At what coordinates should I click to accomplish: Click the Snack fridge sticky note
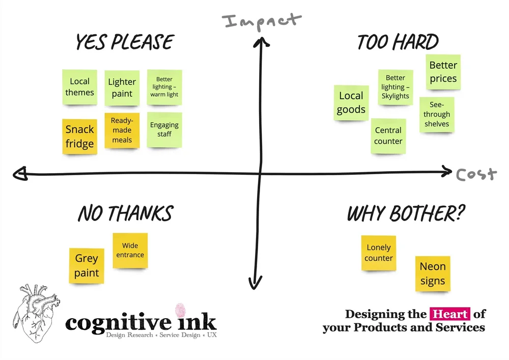79,136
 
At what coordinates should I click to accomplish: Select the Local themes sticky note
79,87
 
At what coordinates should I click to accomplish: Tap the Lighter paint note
122,88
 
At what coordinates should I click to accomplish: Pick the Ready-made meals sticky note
122,130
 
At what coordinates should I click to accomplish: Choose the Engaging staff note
164,130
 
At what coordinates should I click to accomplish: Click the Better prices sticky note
443,72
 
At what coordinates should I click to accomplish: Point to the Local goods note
351,102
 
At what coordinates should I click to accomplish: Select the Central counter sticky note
388,135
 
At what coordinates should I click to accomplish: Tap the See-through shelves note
437,115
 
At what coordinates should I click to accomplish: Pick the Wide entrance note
130,251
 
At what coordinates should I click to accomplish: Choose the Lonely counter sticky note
378,253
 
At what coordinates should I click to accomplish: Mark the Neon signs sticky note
433,273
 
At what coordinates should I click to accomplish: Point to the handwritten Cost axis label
476,175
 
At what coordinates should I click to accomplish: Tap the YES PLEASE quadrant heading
125,42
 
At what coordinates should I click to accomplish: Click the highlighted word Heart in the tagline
450,314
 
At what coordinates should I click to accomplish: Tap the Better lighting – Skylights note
395,87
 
